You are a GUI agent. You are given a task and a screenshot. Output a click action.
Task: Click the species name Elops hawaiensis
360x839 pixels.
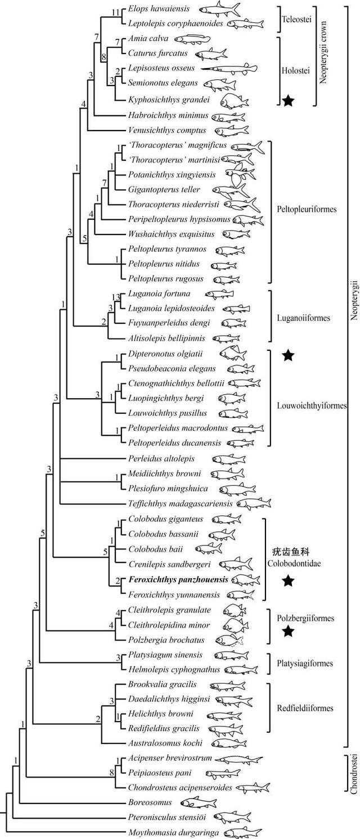pyautogui.click(x=159, y=8)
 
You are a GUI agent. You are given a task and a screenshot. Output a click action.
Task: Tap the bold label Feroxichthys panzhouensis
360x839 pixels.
pyautogui.click(x=178, y=579)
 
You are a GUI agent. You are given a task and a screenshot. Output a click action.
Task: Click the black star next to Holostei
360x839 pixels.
pyautogui.click(x=287, y=100)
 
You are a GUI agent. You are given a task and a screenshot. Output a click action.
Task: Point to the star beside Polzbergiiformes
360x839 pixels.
pyautogui.click(x=287, y=631)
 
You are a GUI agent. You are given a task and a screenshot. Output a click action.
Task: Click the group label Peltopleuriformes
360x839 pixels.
pyautogui.click(x=307, y=209)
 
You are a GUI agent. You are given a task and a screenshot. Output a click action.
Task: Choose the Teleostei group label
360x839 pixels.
pyautogui.click(x=296, y=19)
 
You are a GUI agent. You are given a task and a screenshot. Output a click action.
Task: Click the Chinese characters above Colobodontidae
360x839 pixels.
pyautogui.click(x=291, y=552)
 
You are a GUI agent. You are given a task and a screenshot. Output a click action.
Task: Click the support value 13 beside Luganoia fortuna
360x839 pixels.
pyautogui.click(x=116, y=297)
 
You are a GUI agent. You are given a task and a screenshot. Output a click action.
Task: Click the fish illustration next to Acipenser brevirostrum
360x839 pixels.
pyautogui.click(x=238, y=759)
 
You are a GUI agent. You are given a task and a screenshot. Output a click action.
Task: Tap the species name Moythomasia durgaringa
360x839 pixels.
pyautogui.click(x=173, y=833)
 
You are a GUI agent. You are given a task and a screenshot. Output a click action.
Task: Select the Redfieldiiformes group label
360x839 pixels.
pyautogui.click(x=305, y=708)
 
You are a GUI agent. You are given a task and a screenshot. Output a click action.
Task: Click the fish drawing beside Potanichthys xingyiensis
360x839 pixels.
pyautogui.click(x=240, y=175)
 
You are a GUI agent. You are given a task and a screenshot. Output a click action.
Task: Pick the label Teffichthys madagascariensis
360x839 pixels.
pyautogui.click(x=180, y=504)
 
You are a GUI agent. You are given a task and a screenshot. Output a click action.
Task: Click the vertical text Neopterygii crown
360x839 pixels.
pyautogui.click(x=323, y=52)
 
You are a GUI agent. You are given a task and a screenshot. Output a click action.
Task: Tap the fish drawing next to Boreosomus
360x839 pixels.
pyautogui.click(x=199, y=802)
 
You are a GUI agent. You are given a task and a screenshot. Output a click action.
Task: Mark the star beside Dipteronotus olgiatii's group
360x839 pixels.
pyautogui.click(x=287, y=355)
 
